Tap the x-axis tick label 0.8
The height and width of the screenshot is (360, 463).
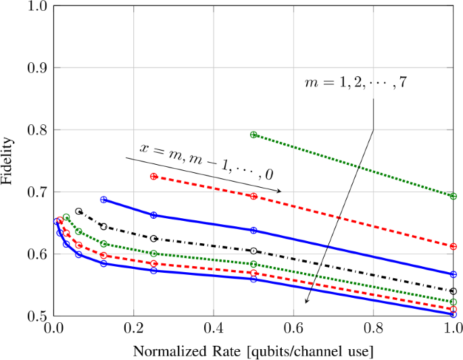pos(373,329)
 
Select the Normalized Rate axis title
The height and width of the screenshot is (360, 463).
pos(253,352)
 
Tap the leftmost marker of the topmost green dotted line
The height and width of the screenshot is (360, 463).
pos(253,135)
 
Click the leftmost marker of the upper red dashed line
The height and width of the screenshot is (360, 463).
pos(153,176)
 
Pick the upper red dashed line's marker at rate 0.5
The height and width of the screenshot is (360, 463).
pos(253,196)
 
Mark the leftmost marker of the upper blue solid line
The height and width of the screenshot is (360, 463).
pos(103,199)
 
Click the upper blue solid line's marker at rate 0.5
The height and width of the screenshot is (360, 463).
pos(253,230)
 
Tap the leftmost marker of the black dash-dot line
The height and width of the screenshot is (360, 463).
pos(78,211)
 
